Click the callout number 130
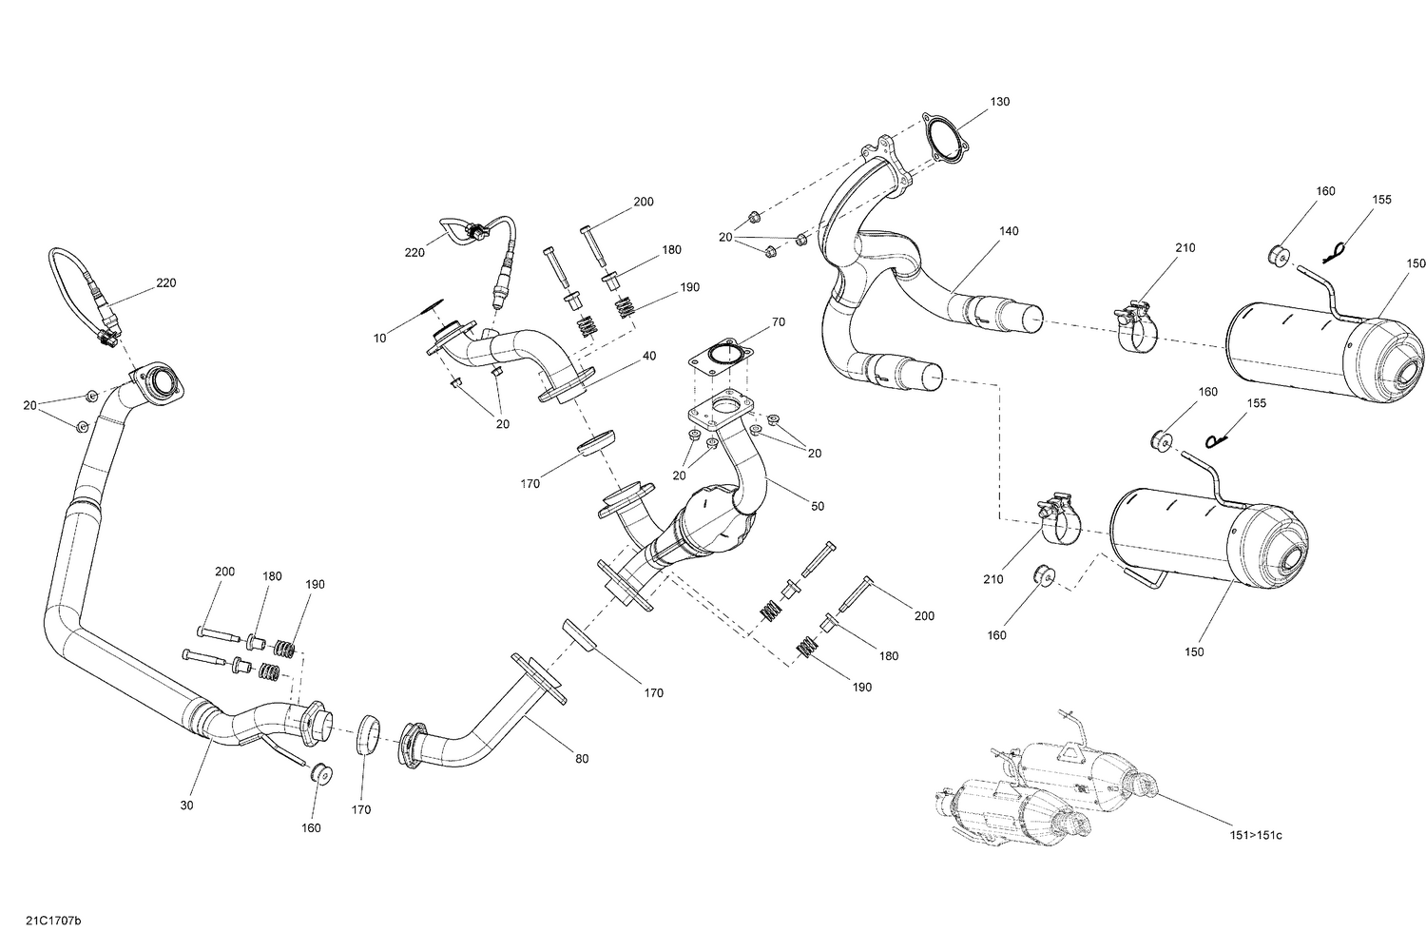[x=999, y=102]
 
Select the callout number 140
[x=1008, y=231]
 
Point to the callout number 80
[x=582, y=758]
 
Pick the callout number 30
[x=186, y=805]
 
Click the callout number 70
[x=778, y=322]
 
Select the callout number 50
[x=817, y=508]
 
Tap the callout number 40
[x=649, y=356]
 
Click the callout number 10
[x=380, y=338]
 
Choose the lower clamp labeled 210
[x=1057, y=519]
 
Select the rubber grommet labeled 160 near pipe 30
[x=319, y=773]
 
